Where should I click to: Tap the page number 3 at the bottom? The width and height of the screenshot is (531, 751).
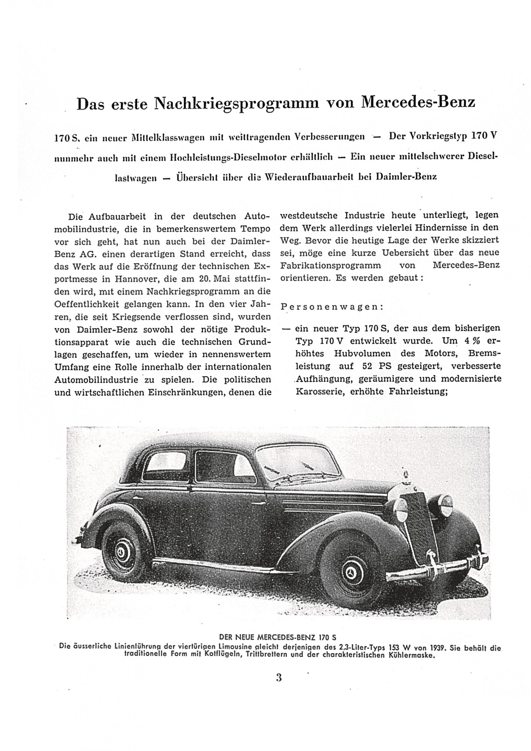point(279,677)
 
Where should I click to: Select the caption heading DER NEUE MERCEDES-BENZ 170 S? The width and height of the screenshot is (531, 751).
point(278,637)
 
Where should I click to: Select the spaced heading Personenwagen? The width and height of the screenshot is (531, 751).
point(332,307)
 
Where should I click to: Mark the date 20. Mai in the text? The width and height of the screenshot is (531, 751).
point(212,279)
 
